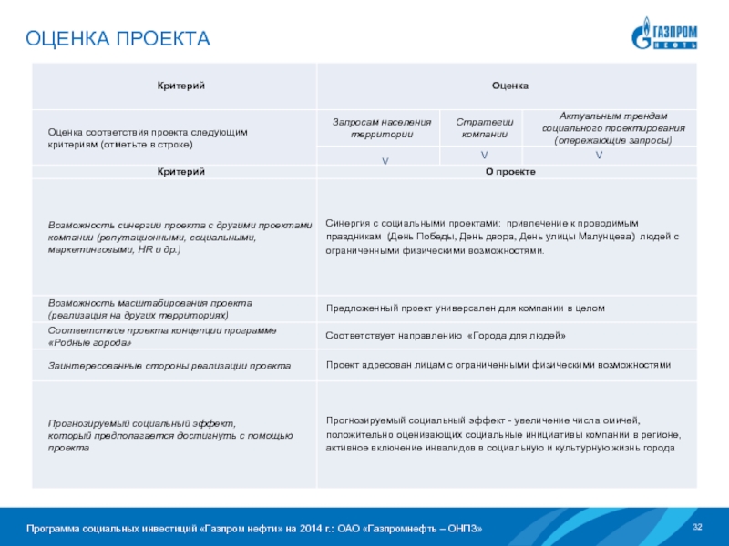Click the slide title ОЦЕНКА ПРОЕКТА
tap(118, 39)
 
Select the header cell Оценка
tap(509, 85)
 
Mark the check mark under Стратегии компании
tap(484, 157)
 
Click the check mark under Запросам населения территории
tap(385, 159)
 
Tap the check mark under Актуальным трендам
tap(599, 157)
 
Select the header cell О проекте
tap(509, 172)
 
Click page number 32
tap(699, 528)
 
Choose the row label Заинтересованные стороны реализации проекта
tap(169, 365)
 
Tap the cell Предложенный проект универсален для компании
tap(465, 308)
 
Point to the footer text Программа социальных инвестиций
tap(253, 529)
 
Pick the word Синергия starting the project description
tap(347, 223)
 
